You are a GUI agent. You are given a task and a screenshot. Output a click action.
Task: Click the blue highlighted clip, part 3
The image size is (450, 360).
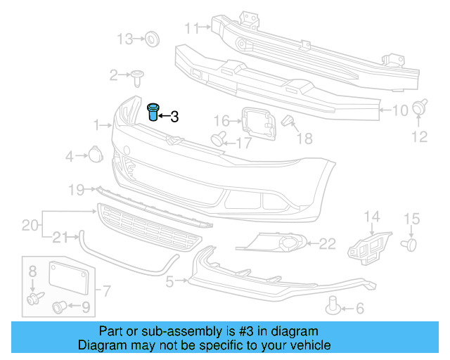pos(153,112)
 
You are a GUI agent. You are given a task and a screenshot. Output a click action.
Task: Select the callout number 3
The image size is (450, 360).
pos(174,117)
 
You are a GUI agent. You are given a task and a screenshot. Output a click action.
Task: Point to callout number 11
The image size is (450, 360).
pos(192,28)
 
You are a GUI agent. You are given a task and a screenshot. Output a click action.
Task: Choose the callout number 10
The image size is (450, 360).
pos(399,110)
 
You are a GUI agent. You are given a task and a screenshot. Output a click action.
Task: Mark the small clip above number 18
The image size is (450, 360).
pos(287,122)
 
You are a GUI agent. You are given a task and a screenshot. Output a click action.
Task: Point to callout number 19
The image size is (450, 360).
pos(76,189)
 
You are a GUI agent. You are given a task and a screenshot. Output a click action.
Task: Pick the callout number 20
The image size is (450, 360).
pos(29,225)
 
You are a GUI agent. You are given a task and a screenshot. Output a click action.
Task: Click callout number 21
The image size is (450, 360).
pos(61,236)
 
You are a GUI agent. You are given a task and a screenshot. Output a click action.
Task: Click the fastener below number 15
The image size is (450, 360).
pos(410,244)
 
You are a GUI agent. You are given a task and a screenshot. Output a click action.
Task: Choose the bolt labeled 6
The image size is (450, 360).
pos(334,304)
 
